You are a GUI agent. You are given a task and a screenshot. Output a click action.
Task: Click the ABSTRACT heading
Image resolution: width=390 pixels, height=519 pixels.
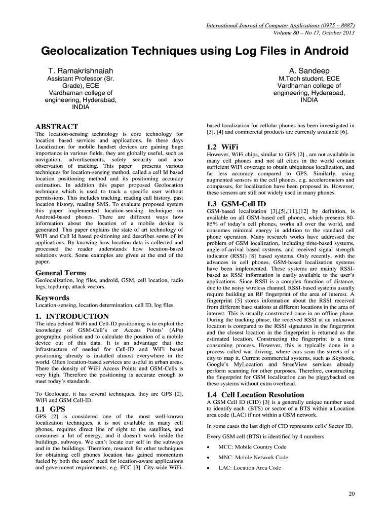click(56, 126)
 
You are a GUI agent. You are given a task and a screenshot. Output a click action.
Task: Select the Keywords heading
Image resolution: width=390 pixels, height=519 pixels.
click(52, 298)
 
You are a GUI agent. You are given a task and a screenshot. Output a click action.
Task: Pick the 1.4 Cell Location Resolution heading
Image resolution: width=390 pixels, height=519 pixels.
click(256, 395)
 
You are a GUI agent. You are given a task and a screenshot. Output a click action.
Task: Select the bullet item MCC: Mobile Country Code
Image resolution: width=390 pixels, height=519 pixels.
click(252, 447)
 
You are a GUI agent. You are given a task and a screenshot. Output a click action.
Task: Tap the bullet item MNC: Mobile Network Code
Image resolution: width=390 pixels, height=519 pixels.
click(253, 458)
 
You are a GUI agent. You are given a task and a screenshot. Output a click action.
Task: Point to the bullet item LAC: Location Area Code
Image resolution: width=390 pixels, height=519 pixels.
click(249, 468)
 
